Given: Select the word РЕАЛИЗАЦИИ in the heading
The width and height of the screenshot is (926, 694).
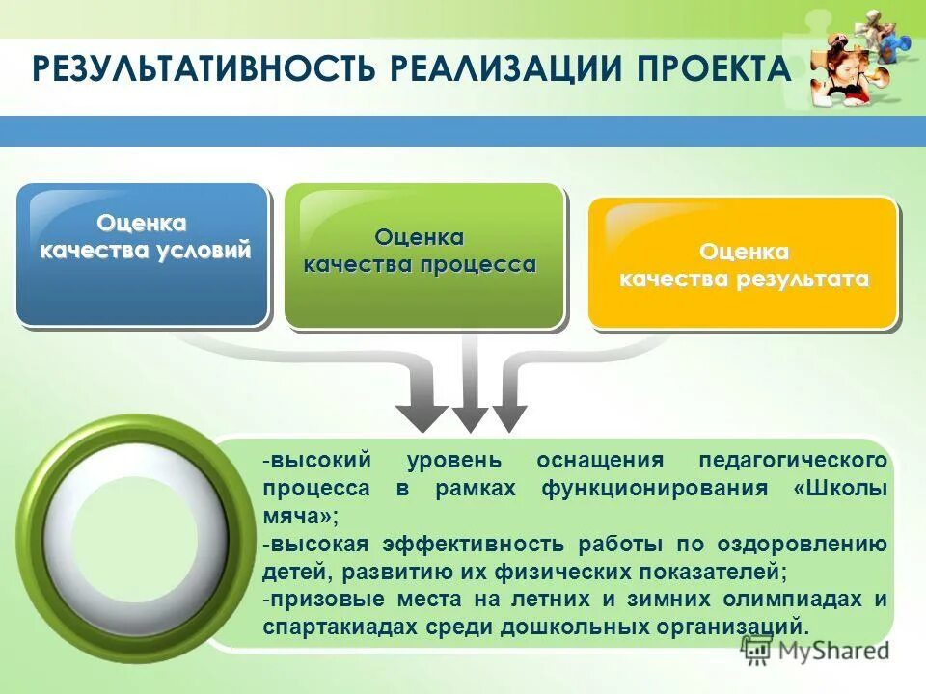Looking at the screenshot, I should click(498, 70).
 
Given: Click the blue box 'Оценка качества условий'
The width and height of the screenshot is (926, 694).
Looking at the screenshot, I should click(142, 254).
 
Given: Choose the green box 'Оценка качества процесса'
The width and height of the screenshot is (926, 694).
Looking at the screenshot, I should click(422, 255).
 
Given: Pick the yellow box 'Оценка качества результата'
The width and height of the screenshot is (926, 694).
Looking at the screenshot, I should click(743, 262).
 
